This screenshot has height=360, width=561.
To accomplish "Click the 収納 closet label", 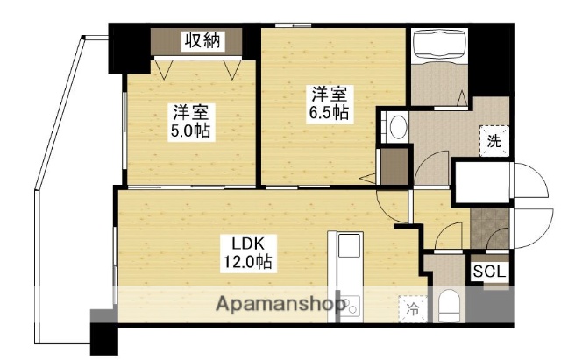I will pos(202,40).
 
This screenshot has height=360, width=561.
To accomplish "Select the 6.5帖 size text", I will pos(327,112).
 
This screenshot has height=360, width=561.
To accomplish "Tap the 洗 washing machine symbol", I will pos(494,142).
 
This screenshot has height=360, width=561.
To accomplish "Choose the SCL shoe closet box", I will pos(489,272).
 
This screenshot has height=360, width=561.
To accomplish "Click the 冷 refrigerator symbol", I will pos(411,308).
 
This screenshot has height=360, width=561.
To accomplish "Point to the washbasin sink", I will pos(397,126).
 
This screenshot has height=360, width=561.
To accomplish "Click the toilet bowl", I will pos(448,306).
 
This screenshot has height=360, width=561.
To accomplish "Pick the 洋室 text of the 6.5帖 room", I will pos(326,92).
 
